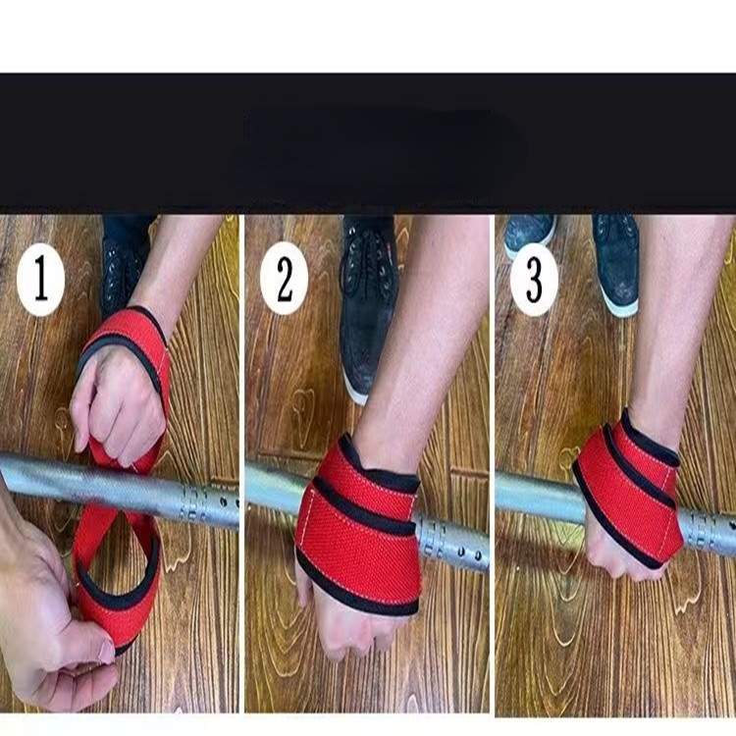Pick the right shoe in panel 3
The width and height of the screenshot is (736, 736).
pos(616,260)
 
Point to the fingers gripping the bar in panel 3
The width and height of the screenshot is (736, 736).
pos(613,559)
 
